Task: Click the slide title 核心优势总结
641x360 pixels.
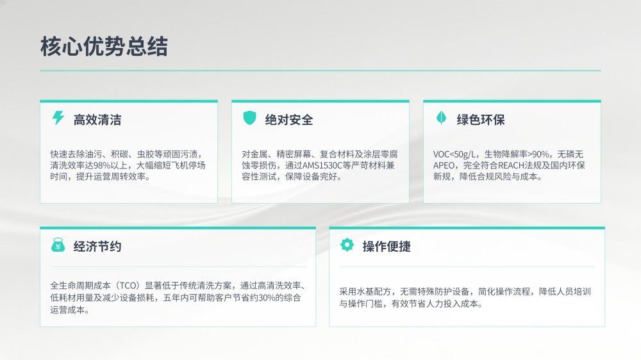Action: point(104,46)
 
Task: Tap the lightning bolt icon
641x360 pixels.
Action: point(58,118)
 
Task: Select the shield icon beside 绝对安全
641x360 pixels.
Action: point(249,118)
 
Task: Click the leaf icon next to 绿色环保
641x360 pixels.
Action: point(441,118)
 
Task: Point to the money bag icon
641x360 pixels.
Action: point(58,245)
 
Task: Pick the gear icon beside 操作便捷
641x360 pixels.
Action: point(347,245)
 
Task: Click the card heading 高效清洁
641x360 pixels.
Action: point(97,120)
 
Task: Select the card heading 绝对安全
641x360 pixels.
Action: point(289,120)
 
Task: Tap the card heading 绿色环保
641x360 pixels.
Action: point(481,120)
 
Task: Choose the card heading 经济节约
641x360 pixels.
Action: point(97,247)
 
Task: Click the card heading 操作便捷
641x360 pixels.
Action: point(387,247)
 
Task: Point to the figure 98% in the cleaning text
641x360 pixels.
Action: point(102,165)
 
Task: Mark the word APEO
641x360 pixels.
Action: point(444,165)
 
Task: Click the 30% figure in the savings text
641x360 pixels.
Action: point(267,298)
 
